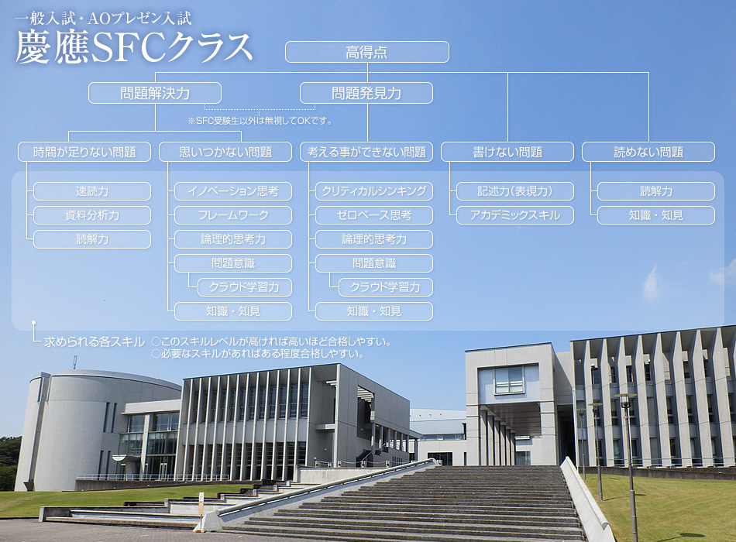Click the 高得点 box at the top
coord(366,52)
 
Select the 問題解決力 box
coord(155,94)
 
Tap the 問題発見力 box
coord(366,94)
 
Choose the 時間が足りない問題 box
coord(84,152)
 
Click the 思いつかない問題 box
coord(225,152)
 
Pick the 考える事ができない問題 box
coord(366,152)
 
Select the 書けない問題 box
coord(507,152)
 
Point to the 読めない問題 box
coord(648,152)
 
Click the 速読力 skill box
coord(92,191)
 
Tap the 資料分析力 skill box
coord(92,215)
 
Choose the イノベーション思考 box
coord(233,191)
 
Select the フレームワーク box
coord(233,215)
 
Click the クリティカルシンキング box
coord(374,191)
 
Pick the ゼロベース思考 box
coord(374,215)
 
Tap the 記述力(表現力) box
coord(515,191)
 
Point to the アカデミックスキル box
coord(515,215)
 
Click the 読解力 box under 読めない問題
coord(656,191)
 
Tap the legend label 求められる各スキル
coord(94,341)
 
